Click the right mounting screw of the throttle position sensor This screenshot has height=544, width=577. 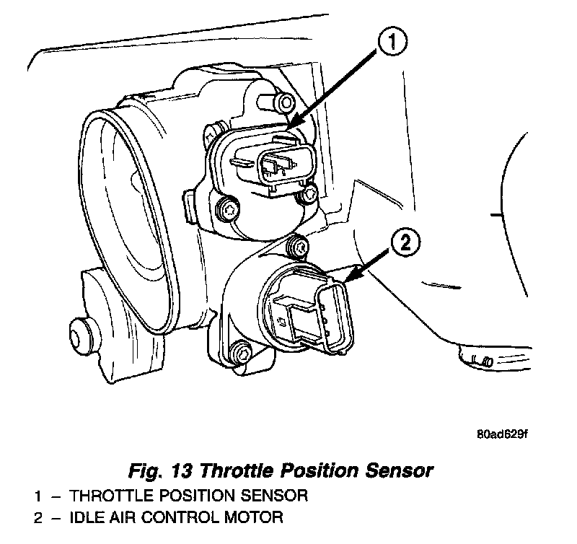310,194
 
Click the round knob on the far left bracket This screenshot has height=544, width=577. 82,334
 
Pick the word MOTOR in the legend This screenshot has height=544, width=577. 248,517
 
